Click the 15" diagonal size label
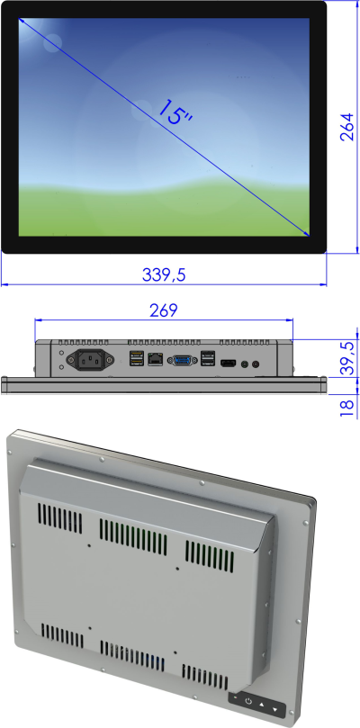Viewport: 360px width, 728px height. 175,112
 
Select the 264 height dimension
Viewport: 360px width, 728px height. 347,126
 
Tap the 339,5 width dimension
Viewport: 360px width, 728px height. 164,274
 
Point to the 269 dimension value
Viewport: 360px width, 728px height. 164,310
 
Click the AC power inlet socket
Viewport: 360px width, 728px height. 91,359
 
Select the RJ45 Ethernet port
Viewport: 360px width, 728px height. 155,359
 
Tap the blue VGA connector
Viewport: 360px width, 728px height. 182,360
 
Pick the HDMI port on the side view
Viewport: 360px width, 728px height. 228,364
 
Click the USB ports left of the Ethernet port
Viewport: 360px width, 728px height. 136,359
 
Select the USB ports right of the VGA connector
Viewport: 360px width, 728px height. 207,358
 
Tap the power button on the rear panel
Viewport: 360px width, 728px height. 248,701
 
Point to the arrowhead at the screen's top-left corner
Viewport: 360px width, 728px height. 22,21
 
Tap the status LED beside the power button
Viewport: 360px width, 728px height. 236,697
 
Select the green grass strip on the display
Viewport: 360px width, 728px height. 164,211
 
